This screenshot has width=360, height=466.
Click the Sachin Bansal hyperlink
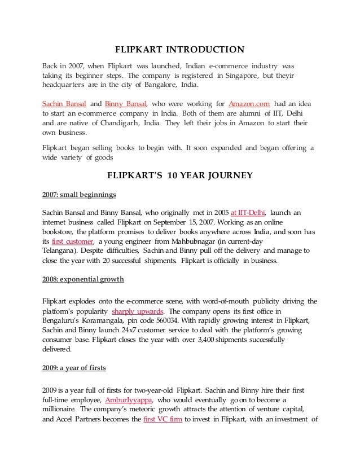point(63,104)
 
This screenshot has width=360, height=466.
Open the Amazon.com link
point(249,104)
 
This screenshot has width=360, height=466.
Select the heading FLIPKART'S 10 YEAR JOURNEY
point(180,175)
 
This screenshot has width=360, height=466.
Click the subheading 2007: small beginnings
point(79,195)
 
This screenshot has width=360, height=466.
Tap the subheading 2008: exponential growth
point(83,279)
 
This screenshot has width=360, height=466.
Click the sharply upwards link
point(138,311)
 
